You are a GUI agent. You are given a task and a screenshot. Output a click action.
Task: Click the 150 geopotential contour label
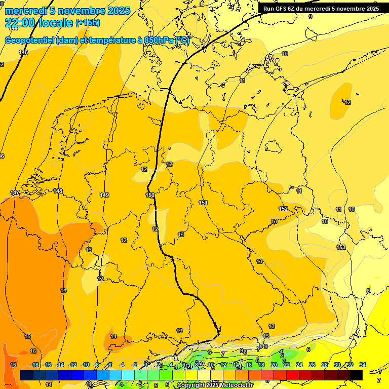coord(150,195)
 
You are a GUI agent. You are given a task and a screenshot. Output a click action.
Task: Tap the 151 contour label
coord(203,203)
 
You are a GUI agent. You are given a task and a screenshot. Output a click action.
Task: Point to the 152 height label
coord(283,209)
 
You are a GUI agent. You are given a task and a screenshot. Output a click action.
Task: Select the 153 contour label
coord(341,247)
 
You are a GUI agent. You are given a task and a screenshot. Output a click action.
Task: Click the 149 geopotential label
coord(104,195)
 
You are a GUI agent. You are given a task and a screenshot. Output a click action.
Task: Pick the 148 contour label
coord(58,191)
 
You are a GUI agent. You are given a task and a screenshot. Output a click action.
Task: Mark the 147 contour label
coord(15,193)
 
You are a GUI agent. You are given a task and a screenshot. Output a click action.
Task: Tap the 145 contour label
coord(23,52)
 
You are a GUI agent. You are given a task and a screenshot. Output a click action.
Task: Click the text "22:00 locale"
coord(38,22)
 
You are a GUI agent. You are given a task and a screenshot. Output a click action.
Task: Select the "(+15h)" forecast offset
coord(88,23)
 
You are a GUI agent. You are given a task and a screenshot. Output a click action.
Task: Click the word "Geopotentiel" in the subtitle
coord(30,41)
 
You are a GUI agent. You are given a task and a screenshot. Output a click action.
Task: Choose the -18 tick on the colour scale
coord(34,365)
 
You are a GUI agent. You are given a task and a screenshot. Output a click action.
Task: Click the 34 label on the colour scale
coord(363,365)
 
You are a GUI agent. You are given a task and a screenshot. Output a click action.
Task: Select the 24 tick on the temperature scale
coord(299,365)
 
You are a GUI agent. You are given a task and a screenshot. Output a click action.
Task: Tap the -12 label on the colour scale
coord(72,365)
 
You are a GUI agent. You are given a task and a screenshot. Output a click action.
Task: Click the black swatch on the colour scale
coord(356,375)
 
